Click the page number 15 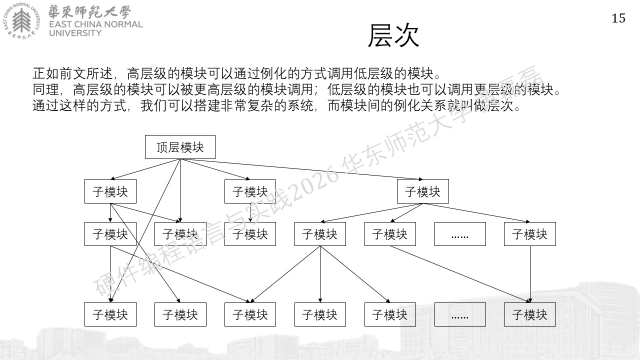618,18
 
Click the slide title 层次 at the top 393,35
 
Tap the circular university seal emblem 21,21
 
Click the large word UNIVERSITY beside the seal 75,33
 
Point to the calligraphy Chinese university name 89,12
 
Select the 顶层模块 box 180,147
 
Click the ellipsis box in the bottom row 460,314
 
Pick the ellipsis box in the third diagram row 460,234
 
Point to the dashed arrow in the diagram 250,212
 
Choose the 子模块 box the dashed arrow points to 250,234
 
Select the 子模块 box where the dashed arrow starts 250,191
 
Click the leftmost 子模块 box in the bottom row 110,314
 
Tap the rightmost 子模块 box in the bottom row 529,314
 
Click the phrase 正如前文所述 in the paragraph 72,73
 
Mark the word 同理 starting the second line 45,89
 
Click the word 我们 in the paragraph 154,105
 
